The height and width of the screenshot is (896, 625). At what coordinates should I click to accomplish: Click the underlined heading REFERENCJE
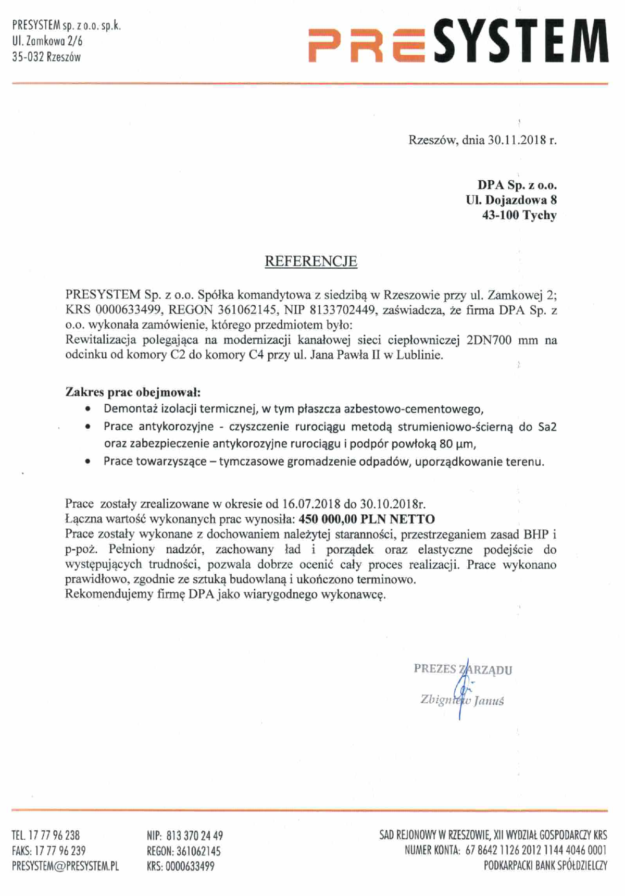(311, 261)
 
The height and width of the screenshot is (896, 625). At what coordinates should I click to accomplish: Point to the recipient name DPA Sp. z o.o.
(517, 184)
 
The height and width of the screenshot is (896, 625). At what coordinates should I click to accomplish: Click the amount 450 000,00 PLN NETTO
(367, 519)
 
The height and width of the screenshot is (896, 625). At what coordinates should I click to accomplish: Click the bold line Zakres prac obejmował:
(133, 392)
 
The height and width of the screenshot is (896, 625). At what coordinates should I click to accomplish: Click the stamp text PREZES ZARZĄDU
(463, 669)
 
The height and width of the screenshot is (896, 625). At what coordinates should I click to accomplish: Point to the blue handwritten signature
(459, 693)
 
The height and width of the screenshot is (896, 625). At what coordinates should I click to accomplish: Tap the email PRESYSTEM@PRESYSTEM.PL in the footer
(65, 866)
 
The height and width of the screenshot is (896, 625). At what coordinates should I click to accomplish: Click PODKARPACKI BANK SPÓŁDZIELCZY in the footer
(545, 866)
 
